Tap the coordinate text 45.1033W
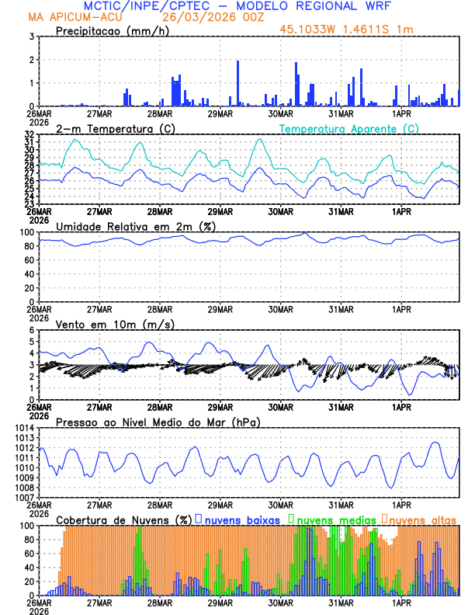click(x=310, y=29)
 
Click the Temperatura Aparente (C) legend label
click(x=348, y=128)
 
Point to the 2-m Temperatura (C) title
click(x=105, y=128)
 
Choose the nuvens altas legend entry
click(x=421, y=519)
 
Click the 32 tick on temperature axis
click(x=28, y=134)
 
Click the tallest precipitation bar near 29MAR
click(x=237, y=83)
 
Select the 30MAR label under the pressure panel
click(x=280, y=503)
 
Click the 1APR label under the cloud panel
click(x=401, y=602)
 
